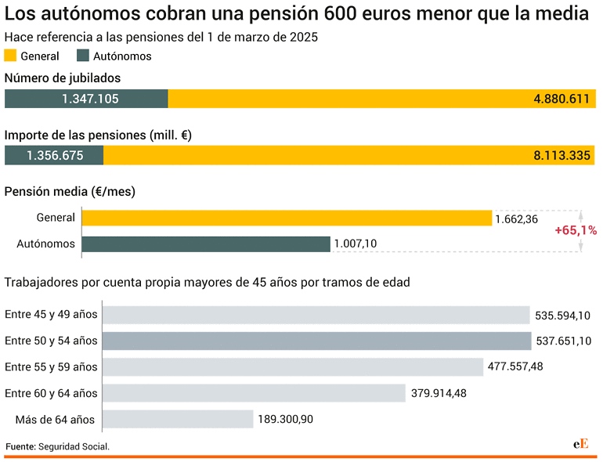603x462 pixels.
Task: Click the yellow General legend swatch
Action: (11, 56)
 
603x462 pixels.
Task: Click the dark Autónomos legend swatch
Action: (83, 56)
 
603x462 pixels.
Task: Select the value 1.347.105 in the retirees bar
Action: (90, 99)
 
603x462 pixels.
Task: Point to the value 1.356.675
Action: (55, 155)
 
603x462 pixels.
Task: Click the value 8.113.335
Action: (561, 155)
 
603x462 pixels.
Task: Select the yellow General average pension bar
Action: (287, 218)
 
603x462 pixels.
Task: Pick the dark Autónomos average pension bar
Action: (206, 244)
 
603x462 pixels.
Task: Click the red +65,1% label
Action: (576, 230)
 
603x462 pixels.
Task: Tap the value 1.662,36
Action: (516, 219)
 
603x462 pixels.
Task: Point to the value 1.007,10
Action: (355, 244)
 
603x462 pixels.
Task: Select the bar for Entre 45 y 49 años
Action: (316, 315)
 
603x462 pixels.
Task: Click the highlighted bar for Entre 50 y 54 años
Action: (316, 341)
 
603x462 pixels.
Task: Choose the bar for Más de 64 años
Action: (178, 419)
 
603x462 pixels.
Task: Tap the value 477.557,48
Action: (515, 367)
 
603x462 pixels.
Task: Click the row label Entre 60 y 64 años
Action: (51, 393)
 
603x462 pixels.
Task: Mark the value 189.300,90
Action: (285, 420)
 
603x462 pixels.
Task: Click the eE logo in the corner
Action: (580, 443)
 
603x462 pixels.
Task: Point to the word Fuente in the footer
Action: (20, 446)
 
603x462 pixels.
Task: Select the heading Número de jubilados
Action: (63, 78)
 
